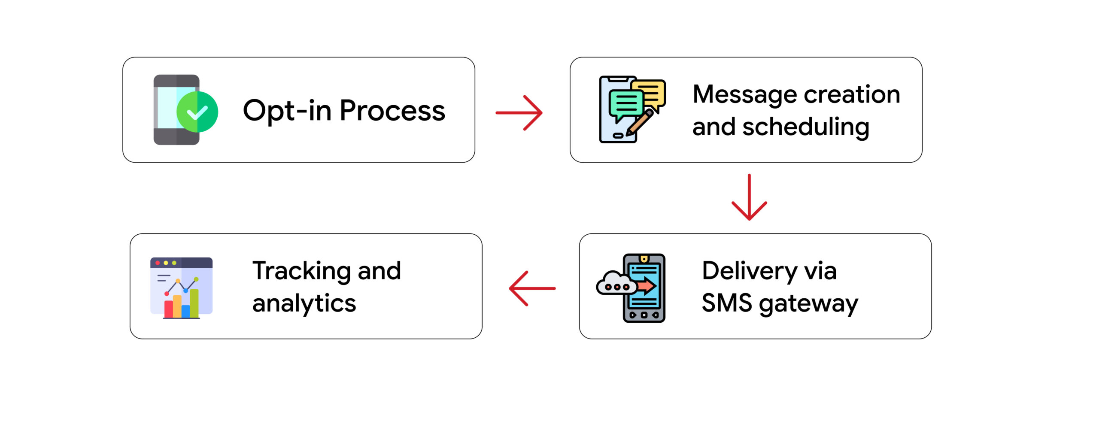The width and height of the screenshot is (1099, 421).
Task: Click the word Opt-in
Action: [x=286, y=111]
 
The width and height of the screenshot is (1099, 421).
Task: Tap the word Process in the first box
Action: [x=392, y=111]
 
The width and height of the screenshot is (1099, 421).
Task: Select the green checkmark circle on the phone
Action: [x=197, y=112]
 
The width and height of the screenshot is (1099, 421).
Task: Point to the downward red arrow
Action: [x=749, y=197]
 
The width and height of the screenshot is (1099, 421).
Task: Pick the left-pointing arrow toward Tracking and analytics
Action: [x=532, y=288]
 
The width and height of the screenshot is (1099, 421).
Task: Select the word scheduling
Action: [x=806, y=127]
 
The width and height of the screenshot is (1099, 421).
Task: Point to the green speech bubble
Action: [x=626, y=103]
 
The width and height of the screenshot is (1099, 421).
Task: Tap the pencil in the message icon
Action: [x=640, y=122]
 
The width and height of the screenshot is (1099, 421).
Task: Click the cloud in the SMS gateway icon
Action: [x=614, y=283]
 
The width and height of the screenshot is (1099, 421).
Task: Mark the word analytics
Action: [x=304, y=303]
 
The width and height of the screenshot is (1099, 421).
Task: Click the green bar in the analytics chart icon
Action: [x=194, y=303]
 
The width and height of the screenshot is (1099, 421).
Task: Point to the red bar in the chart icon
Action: [x=168, y=309]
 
